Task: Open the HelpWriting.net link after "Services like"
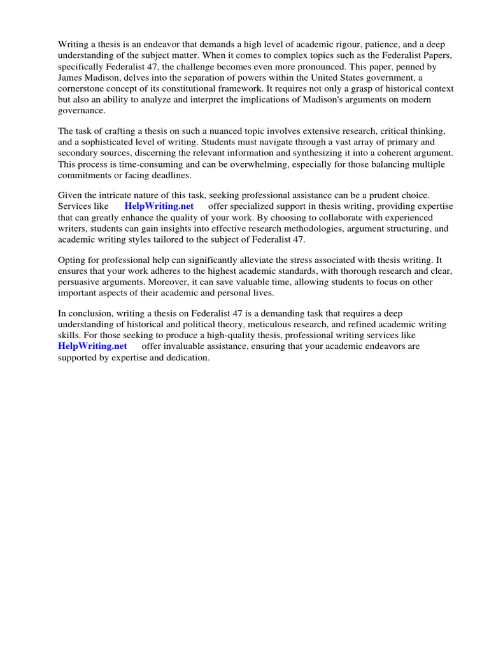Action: [x=159, y=207]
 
